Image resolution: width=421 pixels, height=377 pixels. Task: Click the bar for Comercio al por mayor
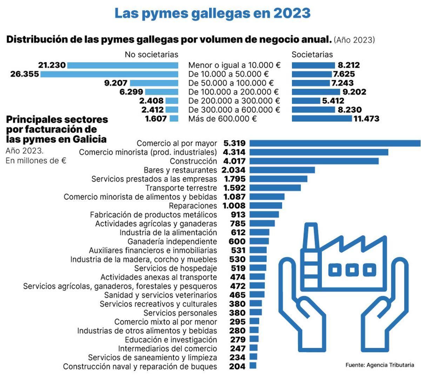point(335,143)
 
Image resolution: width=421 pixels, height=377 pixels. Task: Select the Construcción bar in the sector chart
point(314,161)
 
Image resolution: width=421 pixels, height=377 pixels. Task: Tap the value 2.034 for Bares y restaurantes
point(234,170)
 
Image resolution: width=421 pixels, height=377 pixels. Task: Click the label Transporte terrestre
point(181,188)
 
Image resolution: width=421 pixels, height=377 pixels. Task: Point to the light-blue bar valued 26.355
point(109,74)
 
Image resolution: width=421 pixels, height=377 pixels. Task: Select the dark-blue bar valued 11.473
point(322,119)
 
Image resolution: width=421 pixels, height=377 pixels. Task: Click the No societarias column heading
point(152,55)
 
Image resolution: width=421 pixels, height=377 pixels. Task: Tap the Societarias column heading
point(312,55)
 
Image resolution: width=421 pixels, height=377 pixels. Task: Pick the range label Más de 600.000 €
point(222,119)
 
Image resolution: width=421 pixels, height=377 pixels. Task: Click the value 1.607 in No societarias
point(156,119)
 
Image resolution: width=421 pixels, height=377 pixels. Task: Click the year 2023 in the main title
point(292,14)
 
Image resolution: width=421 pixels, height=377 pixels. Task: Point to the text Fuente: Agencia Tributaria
point(380,365)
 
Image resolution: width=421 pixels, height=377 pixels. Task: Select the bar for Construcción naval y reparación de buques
point(253,366)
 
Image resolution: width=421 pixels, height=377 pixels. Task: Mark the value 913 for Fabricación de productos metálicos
point(238,215)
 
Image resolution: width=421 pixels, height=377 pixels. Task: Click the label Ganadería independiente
point(172,242)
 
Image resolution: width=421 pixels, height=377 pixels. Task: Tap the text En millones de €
point(36,161)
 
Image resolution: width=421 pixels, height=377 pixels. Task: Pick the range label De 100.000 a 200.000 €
point(233,92)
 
